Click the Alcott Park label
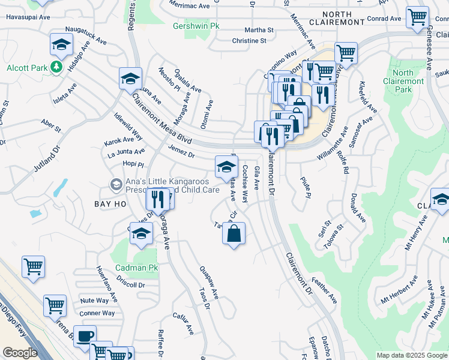point(27,68)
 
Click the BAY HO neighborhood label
point(110,204)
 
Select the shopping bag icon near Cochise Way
point(234,233)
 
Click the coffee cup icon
point(85,335)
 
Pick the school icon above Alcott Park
point(61,46)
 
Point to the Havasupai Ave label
point(28,17)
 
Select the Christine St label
point(249,41)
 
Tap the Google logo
point(19,353)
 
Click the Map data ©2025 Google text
point(411,355)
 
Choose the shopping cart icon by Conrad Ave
point(417,18)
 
